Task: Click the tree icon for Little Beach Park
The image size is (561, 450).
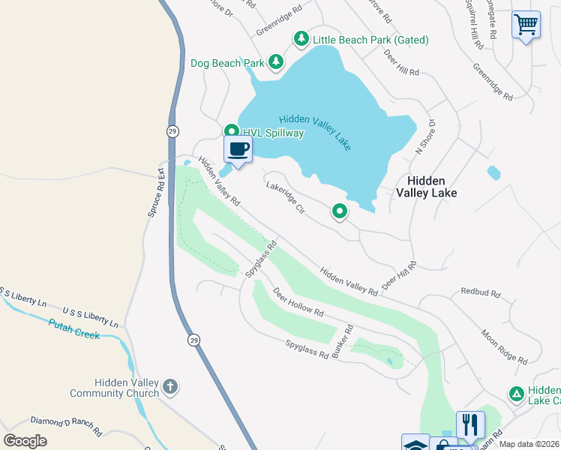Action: point(301,39)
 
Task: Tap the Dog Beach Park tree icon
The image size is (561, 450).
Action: point(276,62)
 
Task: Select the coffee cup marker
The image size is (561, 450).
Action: point(238,148)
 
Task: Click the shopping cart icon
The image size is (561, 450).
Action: point(526,25)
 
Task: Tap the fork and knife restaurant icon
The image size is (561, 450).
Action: point(470,424)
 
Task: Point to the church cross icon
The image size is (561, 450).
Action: point(170,387)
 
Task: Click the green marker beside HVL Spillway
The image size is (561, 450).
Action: point(232,131)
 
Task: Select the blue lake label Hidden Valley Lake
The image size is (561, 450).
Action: point(315,132)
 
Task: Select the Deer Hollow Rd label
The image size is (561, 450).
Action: point(298,301)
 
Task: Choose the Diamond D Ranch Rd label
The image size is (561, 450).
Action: point(66,425)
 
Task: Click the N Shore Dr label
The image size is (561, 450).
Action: point(425,136)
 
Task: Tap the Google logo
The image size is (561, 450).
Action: point(25,441)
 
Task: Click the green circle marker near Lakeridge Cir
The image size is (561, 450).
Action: point(340,212)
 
